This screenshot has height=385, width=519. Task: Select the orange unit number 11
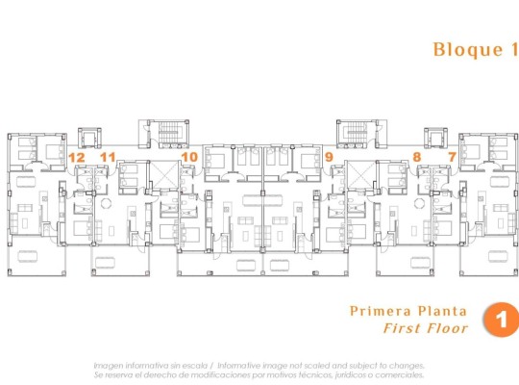pos(108,156)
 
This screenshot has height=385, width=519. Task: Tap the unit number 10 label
pos(189,156)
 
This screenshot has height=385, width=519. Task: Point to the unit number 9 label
pos(330,156)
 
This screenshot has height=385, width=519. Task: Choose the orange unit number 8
pos(416,156)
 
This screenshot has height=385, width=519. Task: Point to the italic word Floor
pos(447,328)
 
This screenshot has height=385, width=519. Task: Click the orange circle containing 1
pos(499,320)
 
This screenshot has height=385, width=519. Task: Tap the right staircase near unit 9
pos(353,131)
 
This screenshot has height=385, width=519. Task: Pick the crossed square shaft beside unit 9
pos(359,175)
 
